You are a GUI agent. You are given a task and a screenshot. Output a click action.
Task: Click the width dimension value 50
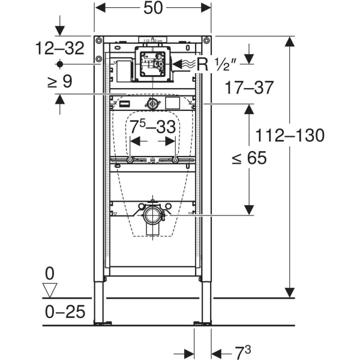(x=152, y=8)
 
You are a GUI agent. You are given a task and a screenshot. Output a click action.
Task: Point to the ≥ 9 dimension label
(x=60, y=80)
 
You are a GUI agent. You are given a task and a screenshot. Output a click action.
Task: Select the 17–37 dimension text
(x=250, y=88)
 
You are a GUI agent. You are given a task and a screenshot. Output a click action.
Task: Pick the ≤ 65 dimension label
(x=250, y=158)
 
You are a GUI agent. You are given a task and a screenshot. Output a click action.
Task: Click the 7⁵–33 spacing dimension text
(x=153, y=127)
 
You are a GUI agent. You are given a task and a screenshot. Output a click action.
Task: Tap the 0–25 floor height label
(x=64, y=312)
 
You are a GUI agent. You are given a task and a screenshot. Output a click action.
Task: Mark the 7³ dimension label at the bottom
(x=226, y=351)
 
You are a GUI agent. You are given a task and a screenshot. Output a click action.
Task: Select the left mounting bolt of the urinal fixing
(x=130, y=160)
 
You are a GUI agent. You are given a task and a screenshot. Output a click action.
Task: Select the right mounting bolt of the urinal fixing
(x=175, y=160)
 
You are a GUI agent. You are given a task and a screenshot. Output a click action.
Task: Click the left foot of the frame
(x=98, y=323)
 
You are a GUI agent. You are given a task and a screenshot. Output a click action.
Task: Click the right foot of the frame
(x=206, y=323)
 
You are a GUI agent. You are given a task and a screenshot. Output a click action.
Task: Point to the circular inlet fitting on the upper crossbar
(x=153, y=104)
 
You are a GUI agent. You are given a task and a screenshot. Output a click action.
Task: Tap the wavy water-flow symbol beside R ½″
(x=188, y=62)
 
